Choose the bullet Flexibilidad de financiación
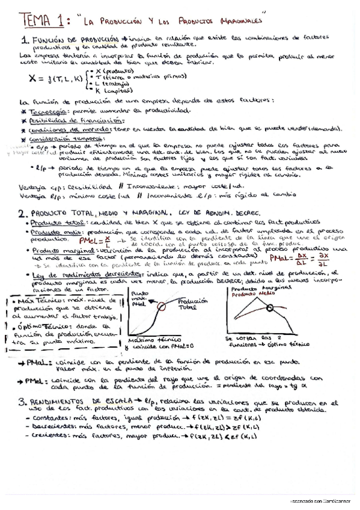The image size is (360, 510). pos(63,120)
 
